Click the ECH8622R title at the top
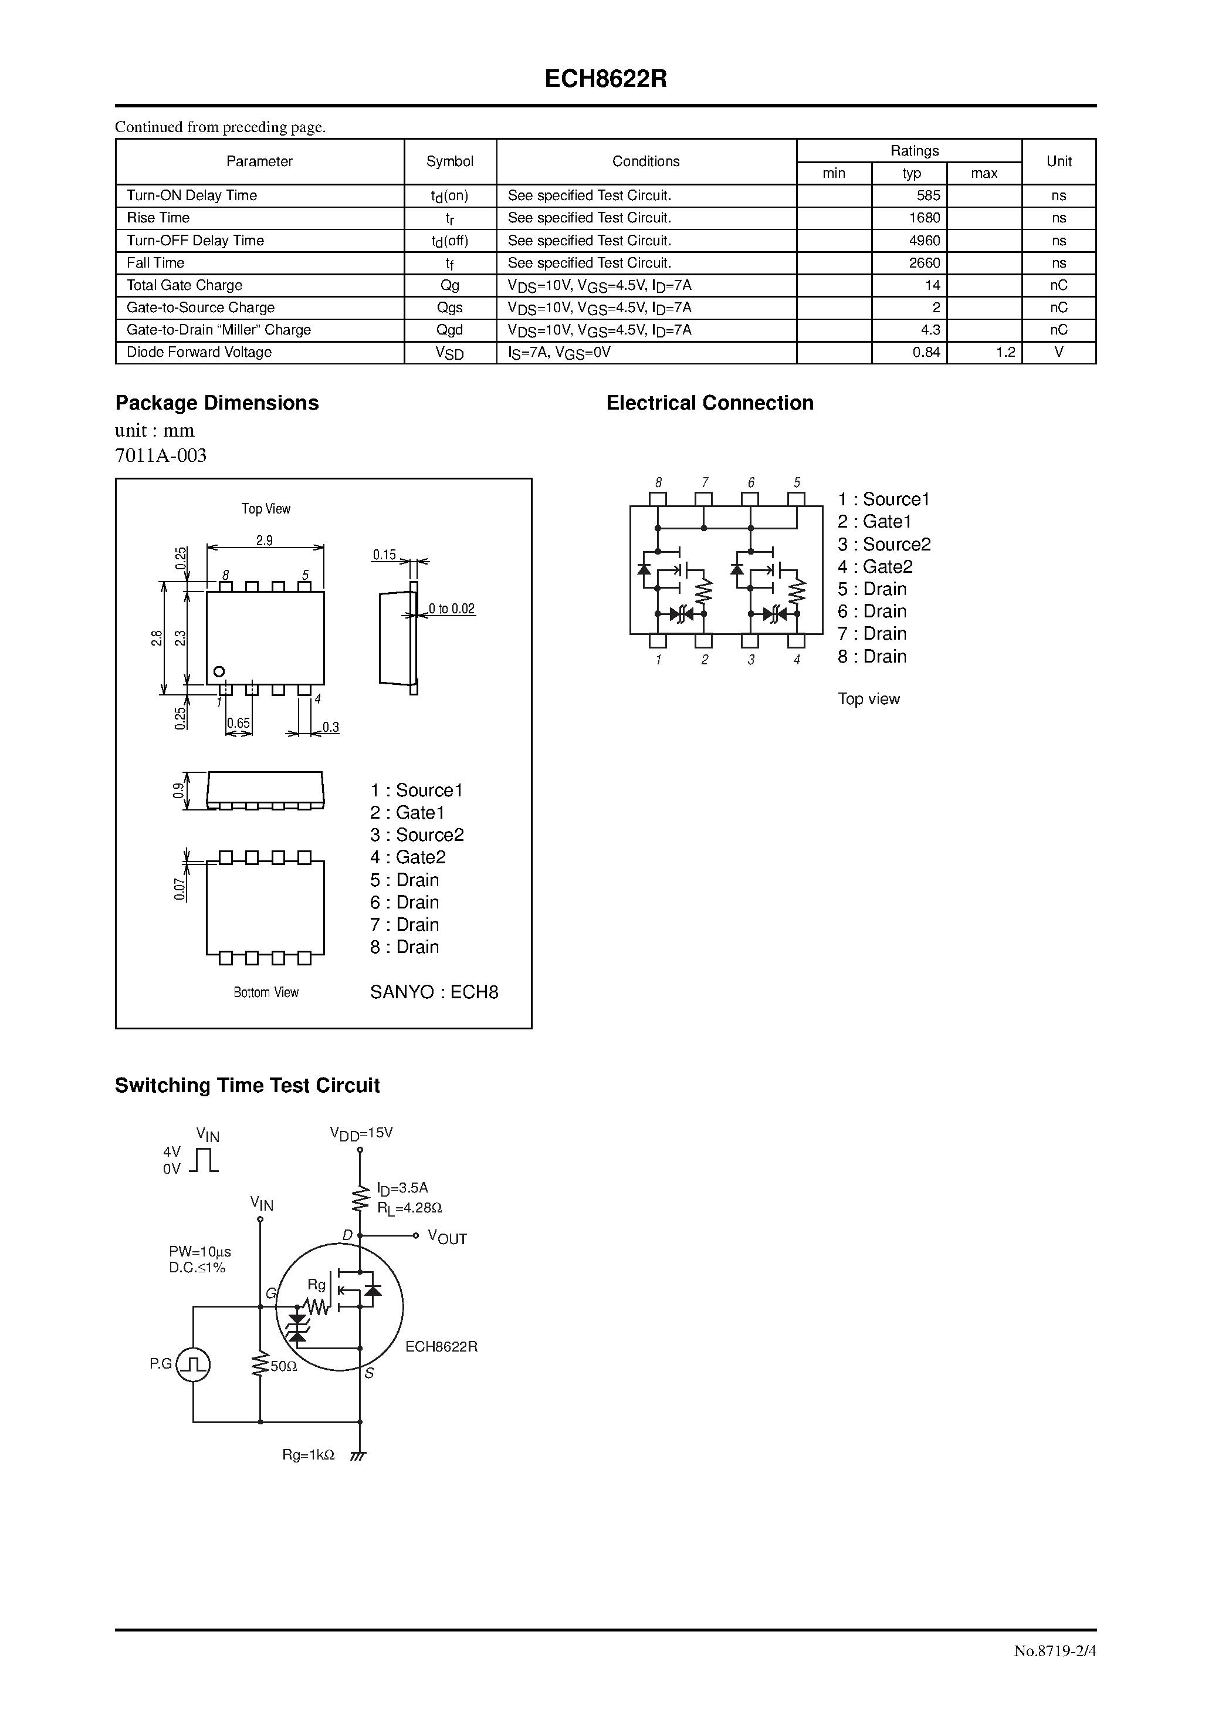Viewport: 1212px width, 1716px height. (605, 79)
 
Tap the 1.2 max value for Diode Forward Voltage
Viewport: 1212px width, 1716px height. (1005, 353)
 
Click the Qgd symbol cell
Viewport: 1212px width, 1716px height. (450, 330)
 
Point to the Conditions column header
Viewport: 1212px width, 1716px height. (646, 161)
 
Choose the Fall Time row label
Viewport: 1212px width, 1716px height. (155, 263)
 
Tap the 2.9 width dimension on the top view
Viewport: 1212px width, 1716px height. (265, 541)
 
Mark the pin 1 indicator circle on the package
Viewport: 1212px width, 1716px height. (219, 671)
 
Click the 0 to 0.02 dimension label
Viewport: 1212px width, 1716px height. (451, 609)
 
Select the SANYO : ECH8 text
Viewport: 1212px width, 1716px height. (434, 992)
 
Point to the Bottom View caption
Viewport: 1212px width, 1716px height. (265, 992)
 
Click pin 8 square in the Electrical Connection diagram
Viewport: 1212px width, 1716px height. (658, 498)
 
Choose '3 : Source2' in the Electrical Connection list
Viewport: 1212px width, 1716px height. (884, 545)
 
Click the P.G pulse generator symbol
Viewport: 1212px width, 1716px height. (194, 1364)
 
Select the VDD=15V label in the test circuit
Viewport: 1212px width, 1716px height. (361, 1133)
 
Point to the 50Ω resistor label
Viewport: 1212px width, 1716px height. (283, 1366)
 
